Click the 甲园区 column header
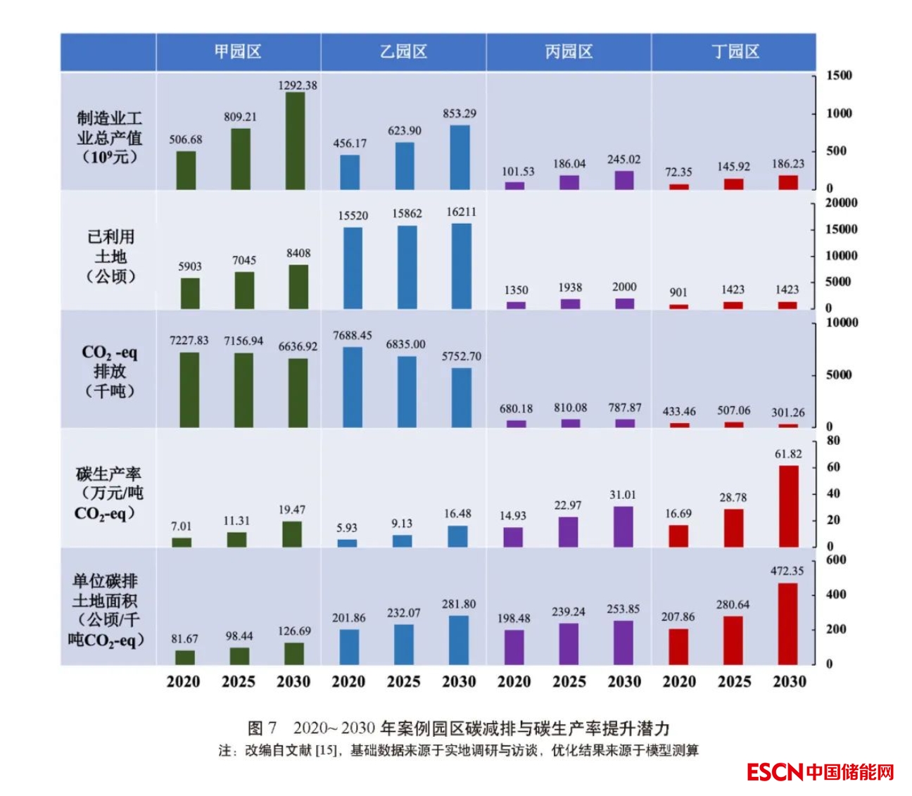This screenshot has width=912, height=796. pos(238,51)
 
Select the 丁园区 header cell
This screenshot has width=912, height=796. pos(735,51)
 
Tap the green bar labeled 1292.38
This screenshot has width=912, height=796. pos(296,141)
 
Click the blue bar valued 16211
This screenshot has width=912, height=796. pos(462,266)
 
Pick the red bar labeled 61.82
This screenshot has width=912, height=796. pos(788,506)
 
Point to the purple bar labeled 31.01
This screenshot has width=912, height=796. pos(623,526)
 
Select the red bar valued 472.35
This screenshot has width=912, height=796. pos(788,624)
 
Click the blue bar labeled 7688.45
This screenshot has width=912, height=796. pos(352,387)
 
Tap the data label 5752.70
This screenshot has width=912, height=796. pos(462,356)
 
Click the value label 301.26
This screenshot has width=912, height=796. pos(788,412)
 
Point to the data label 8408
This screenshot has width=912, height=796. pos(298,253)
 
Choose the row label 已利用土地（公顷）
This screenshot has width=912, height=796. pos(110,256)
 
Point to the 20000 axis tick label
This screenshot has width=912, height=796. pos(841,203)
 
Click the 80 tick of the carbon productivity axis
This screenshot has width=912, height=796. pos(833,441)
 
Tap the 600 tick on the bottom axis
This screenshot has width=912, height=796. pos(836,560)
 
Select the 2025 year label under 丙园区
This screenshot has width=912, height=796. pos(569,681)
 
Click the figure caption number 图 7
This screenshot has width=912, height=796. pos(262,728)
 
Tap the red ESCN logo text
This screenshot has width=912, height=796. pos(774,772)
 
